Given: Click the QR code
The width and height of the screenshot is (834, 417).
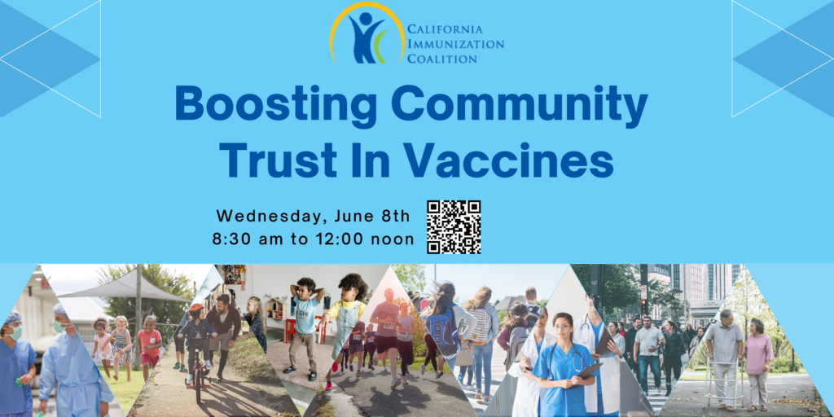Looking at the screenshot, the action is [454, 227].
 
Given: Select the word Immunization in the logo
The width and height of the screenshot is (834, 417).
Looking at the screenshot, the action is [455, 44].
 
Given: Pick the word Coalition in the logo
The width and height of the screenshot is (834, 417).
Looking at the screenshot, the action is [442, 58].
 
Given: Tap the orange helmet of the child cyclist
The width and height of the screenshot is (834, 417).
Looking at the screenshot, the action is [195, 309].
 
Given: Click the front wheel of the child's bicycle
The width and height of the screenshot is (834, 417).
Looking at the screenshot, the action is [198, 385].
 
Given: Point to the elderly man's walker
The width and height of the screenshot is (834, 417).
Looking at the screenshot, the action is [723, 381].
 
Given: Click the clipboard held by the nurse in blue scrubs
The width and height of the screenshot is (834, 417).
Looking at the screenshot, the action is [590, 370].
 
